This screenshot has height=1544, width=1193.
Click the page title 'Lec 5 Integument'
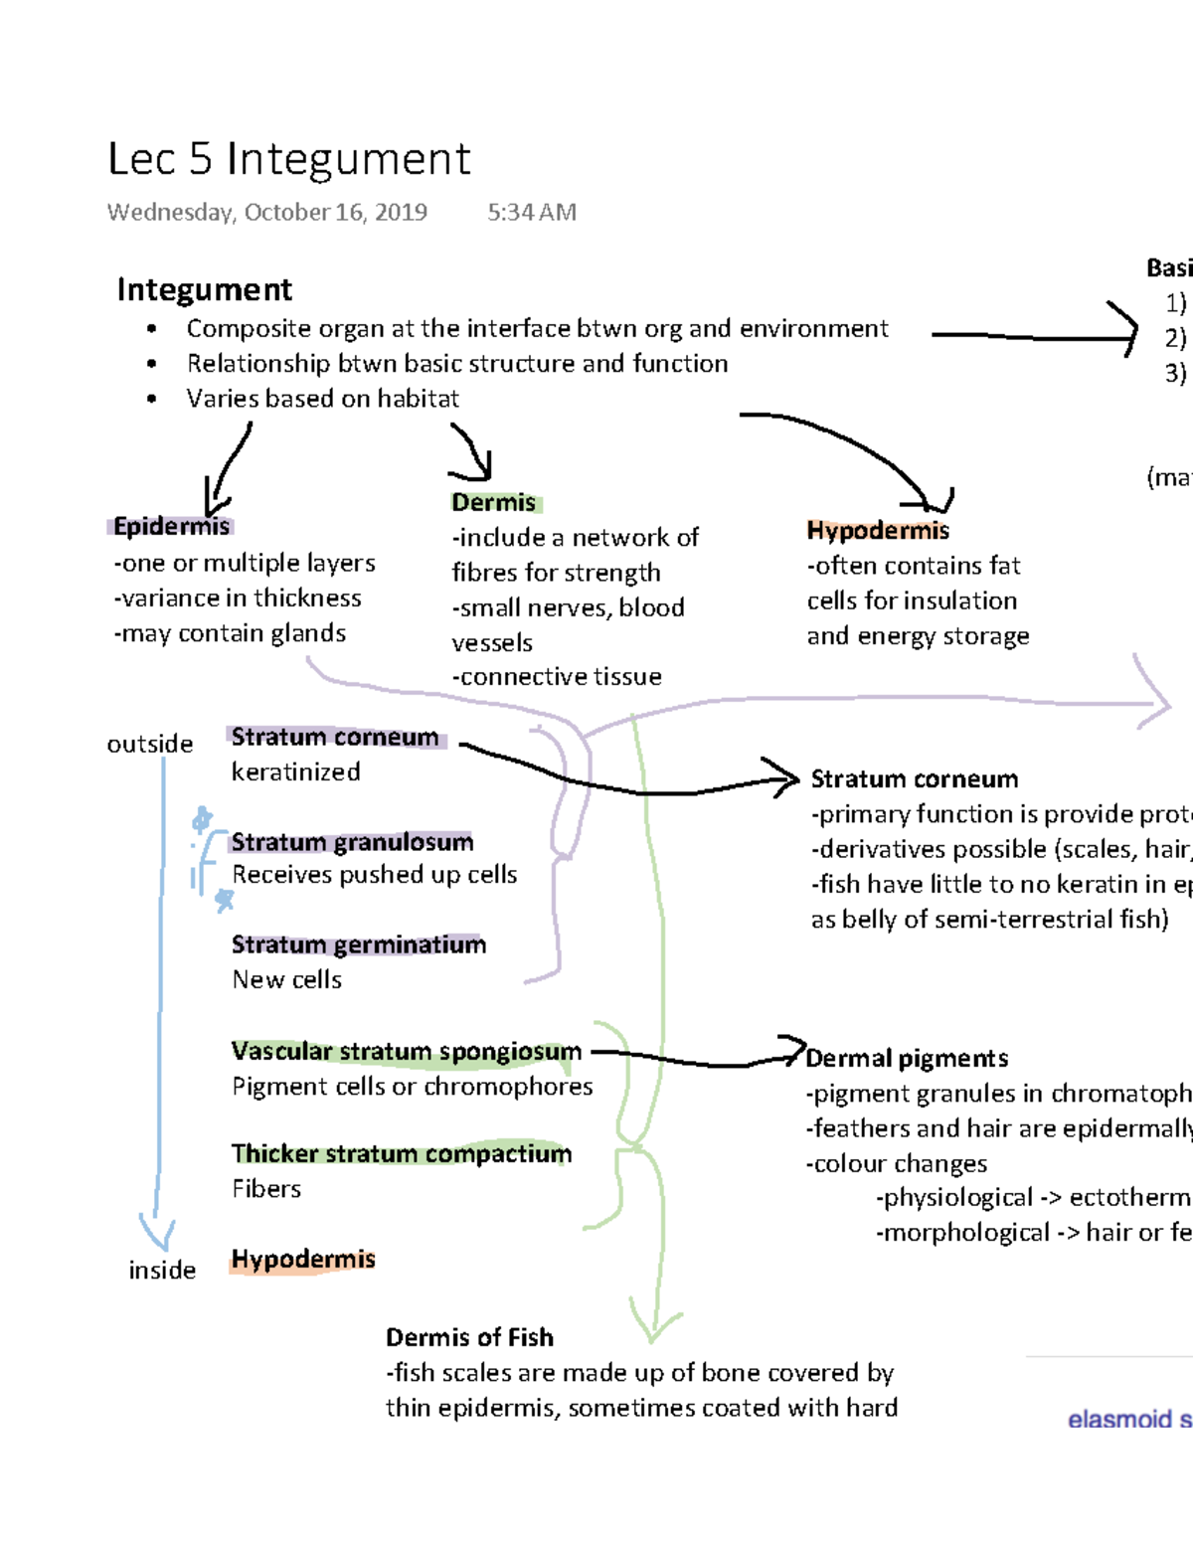pyautogui.click(x=288, y=160)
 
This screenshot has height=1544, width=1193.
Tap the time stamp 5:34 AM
pyautogui.click(x=532, y=213)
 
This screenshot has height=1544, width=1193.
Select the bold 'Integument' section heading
pyautogui.click(x=204, y=289)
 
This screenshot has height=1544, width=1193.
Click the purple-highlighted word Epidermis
pyautogui.click(x=171, y=526)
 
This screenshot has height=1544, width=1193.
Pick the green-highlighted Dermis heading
pyautogui.click(x=494, y=502)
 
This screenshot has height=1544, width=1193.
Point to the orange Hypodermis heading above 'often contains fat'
pyautogui.click(x=878, y=531)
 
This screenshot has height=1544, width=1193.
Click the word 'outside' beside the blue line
pyautogui.click(x=149, y=744)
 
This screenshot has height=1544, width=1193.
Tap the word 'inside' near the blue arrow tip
pyautogui.click(x=162, y=1271)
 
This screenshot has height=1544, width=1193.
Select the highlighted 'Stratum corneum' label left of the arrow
pyautogui.click(x=335, y=737)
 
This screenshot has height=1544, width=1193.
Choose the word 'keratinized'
pyautogui.click(x=295, y=772)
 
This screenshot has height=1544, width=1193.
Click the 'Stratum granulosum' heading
pyautogui.click(x=352, y=842)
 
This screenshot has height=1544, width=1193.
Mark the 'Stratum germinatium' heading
pyautogui.click(x=359, y=944)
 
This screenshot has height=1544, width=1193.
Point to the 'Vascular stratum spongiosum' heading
pyautogui.click(x=406, y=1051)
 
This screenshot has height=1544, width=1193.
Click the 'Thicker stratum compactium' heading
pyautogui.click(x=402, y=1153)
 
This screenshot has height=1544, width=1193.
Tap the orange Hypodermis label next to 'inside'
pyautogui.click(x=303, y=1260)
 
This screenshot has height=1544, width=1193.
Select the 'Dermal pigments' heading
pyautogui.click(x=907, y=1058)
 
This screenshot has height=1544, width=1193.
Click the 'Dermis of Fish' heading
pyautogui.click(x=469, y=1337)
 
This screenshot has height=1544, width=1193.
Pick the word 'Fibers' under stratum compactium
pyautogui.click(x=266, y=1189)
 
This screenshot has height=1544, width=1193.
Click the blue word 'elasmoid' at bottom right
pyautogui.click(x=1119, y=1420)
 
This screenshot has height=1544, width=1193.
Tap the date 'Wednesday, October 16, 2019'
pyautogui.click(x=266, y=213)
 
